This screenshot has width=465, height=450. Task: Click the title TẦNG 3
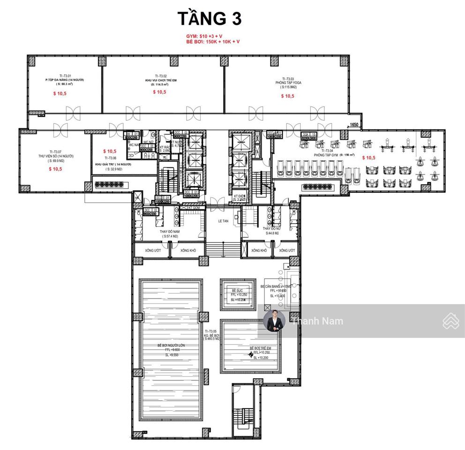(x=209, y=18)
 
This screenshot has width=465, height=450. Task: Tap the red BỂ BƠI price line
(x=212, y=41)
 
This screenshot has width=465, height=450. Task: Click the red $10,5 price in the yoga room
(x=288, y=96)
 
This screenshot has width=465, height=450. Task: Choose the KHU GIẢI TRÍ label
(x=112, y=165)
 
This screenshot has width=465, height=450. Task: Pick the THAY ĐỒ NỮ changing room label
(x=271, y=228)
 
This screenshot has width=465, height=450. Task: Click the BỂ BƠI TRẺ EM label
(x=261, y=348)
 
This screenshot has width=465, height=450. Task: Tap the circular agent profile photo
(x=274, y=322)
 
